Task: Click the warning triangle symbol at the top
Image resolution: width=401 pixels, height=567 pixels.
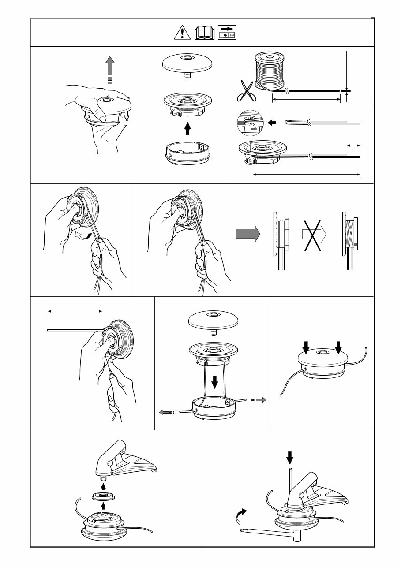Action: [182, 33]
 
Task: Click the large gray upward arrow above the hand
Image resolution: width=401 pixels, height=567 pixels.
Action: [110, 69]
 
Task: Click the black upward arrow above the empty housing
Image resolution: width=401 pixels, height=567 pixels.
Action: [187, 128]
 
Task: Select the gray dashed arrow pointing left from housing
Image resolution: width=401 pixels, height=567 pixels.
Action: [167, 412]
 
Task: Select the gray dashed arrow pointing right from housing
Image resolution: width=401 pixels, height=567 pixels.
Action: [259, 399]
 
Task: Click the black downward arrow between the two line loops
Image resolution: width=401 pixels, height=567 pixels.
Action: [215, 381]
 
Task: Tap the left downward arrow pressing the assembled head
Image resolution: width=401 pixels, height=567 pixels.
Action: [306, 348]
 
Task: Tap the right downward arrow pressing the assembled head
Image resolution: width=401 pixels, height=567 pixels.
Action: [338, 348]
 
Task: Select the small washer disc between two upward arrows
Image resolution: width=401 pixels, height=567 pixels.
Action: [103, 496]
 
